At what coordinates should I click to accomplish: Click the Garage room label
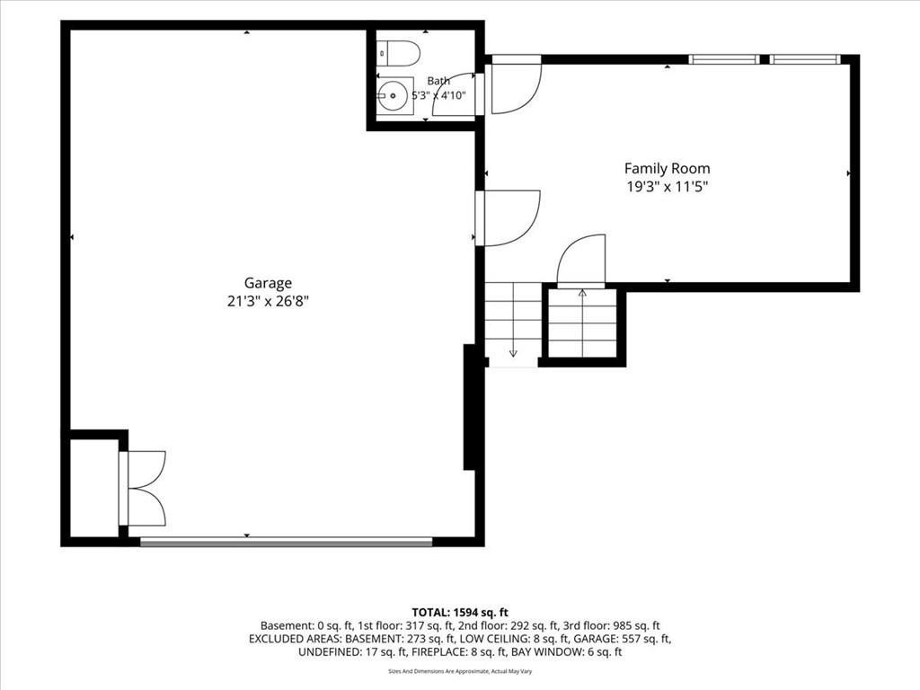268,283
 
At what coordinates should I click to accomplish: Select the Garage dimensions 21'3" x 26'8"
268,302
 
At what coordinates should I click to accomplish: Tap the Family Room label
668,169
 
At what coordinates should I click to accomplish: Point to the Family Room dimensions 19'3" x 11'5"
668,187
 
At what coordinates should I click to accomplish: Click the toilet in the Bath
398,53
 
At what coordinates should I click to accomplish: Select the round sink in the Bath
392,95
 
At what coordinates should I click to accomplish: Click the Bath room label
438,81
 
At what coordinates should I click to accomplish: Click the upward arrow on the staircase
582,323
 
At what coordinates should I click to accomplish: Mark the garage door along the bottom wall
287,542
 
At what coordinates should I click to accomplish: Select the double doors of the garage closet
143,488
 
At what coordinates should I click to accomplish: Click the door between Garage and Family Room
509,217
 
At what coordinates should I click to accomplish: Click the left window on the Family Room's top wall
723,59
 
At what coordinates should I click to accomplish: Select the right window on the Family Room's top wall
805,59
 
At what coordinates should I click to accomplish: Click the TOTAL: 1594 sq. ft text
460,613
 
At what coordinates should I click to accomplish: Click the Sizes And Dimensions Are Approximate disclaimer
460,671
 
